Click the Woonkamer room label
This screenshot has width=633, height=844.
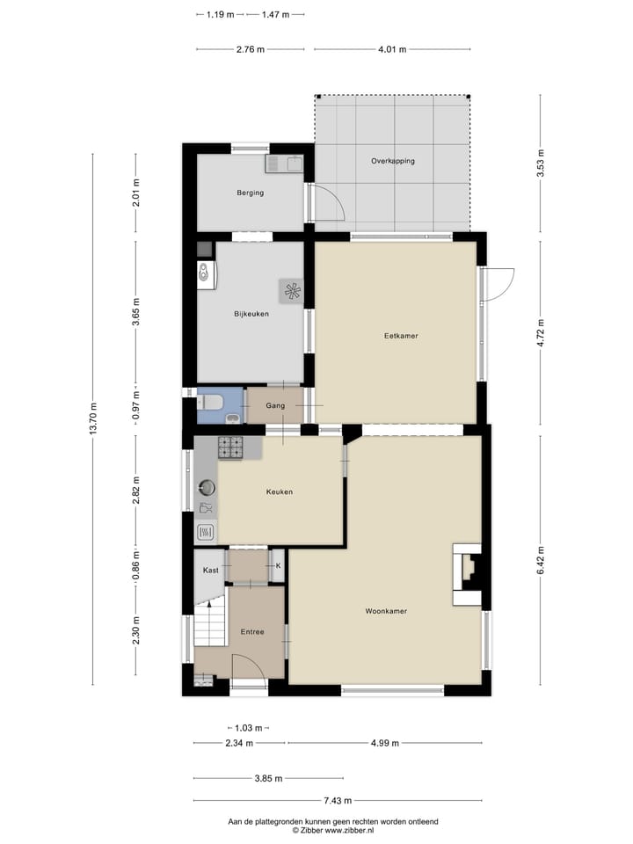click(x=386, y=610)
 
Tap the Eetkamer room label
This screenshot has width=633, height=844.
click(x=400, y=335)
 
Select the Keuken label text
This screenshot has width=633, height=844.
click(x=280, y=491)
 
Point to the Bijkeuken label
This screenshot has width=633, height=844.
click(x=251, y=314)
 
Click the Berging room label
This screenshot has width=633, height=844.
click(x=250, y=193)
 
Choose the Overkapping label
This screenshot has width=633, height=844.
click(x=392, y=161)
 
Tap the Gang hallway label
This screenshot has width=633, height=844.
click(x=275, y=406)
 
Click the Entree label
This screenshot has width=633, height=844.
click(x=252, y=631)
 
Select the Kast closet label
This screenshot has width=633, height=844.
click(x=210, y=571)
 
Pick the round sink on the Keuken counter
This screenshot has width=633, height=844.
click(x=207, y=486)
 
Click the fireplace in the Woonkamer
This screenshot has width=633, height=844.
click(x=468, y=576)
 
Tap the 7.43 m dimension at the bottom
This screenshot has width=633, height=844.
click(x=338, y=800)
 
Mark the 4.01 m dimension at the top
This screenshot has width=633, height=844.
click(x=392, y=49)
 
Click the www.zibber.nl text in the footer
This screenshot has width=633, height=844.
click(x=350, y=829)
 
